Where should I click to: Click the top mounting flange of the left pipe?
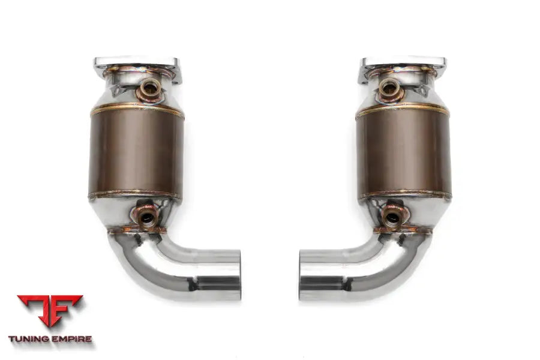136,63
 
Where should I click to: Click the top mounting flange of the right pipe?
404,63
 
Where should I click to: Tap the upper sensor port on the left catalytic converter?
148,91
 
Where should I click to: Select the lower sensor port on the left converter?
147,217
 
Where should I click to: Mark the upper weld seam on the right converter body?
403,110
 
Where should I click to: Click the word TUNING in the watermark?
30,339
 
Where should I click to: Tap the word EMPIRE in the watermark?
72,339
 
